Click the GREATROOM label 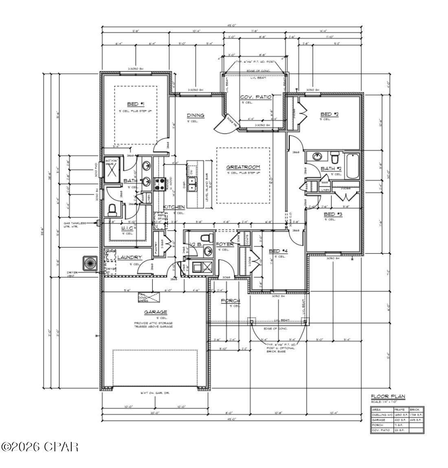243,167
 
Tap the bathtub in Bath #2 352,166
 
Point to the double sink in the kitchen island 192,184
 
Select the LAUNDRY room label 130,257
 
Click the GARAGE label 155,312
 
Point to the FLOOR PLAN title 388,396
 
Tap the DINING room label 195,115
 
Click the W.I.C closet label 127,228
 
